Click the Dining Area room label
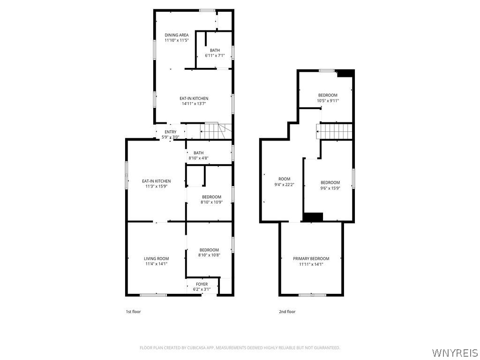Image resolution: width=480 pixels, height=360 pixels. point(177,35)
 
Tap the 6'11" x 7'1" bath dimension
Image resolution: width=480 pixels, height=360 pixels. point(215,55)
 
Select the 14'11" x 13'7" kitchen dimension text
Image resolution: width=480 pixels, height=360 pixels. point(194,104)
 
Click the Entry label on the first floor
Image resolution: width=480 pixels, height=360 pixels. point(171,132)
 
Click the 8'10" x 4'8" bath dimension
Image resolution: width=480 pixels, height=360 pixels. point(198,158)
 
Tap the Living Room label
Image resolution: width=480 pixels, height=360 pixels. point(157,259)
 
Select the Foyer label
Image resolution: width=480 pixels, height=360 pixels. point(202,284)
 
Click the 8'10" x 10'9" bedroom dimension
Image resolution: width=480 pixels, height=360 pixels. point(211,202)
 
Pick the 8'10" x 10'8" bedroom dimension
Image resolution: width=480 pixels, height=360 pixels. point(210,255)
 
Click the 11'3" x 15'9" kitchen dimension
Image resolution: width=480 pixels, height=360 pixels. point(157,186)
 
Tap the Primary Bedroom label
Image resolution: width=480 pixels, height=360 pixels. point(311,259)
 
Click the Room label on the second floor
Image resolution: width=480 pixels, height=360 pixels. point(285,179)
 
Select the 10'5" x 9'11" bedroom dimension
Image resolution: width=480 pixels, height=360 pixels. point(328,100)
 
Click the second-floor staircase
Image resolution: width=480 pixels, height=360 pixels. point(334,131)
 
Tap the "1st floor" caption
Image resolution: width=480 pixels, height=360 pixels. point(134,312)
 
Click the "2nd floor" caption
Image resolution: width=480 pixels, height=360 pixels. point(287,312)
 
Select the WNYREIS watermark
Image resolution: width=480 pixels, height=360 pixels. point(455,352)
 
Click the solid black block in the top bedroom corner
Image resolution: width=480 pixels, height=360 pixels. point(345,74)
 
